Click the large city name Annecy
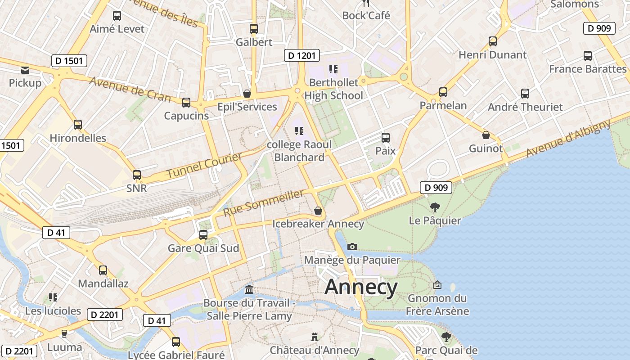coord(361,287)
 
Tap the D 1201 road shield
coord(302,56)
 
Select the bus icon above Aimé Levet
coord(117,16)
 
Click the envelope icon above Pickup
coord(25,70)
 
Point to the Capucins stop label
coord(186,116)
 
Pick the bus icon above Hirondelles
coord(78,125)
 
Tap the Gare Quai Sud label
coord(203,248)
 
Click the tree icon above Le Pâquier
coord(435,207)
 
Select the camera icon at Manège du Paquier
coord(352,247)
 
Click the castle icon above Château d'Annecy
coord(314,337)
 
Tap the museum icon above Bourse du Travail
coord(249,289)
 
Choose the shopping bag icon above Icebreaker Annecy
coord(318,211)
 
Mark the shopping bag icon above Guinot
coord(486,135)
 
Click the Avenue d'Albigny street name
coord(568,138)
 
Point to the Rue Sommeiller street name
coord(263,202)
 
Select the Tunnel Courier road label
coord(204,165)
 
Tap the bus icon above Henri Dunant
coord(493,41)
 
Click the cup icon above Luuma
coord(64,333)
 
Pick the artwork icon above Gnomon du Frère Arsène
coord(437,285)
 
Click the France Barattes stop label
coord(588,69)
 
